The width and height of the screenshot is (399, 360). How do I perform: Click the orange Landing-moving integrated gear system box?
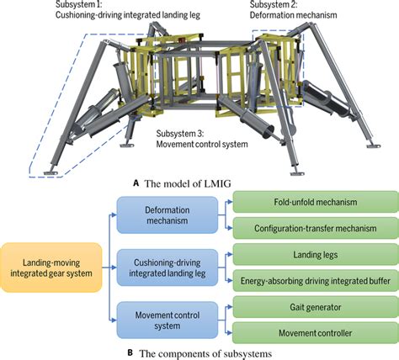[51, 267]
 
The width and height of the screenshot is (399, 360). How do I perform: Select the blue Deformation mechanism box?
[168, 215]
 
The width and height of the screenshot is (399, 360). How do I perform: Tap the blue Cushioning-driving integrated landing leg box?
[168, 267]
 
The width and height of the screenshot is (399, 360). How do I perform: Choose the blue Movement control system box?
[168, 320]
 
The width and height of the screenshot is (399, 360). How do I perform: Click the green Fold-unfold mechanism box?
[316, 202]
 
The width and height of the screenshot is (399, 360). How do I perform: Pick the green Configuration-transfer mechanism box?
[316, 228]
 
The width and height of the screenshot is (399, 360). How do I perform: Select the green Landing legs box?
[316, 255]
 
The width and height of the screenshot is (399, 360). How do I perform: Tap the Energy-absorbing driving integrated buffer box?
[316, 281]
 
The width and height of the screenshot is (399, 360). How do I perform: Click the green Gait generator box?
[316, 307]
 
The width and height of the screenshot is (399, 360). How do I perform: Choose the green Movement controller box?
[316, 333]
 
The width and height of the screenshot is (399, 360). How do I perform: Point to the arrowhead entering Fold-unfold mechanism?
[231, 202]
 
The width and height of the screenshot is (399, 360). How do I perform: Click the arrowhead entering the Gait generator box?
[231, 307]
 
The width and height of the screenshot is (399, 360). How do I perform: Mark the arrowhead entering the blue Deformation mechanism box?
[114, 215]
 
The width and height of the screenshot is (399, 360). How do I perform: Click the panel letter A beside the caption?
[136, 183]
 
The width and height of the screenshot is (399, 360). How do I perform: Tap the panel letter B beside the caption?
[130, 352]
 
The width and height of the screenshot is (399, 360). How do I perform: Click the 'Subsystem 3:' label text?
[180, 134]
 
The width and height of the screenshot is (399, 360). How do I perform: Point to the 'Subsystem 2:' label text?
[274, 4]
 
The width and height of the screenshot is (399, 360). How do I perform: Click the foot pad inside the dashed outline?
[51, 172]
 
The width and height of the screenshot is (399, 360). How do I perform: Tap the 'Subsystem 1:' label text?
[79, 4]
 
